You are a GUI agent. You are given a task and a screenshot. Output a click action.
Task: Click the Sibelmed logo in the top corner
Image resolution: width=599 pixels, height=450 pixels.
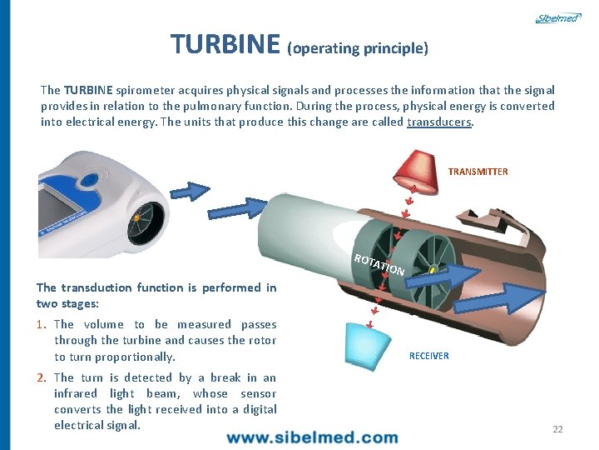point(557,17)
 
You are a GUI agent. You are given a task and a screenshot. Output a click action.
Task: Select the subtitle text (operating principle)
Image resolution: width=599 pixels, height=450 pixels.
point(358,48)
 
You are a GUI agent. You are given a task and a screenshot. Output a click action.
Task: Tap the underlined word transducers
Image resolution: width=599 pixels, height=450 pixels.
point(439,122)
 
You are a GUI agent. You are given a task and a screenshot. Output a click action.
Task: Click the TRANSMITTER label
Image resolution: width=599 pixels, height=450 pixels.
point(478,172)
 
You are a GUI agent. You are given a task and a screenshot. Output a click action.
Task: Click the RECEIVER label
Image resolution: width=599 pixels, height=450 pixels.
point(428,356)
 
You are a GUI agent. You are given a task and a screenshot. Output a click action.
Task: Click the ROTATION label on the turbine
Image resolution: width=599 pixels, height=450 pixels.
point(379,264)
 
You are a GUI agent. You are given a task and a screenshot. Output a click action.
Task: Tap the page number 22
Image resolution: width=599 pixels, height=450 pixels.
point(557,429)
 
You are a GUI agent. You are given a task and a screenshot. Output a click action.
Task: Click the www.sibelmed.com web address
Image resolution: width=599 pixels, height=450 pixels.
point(312,437)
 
